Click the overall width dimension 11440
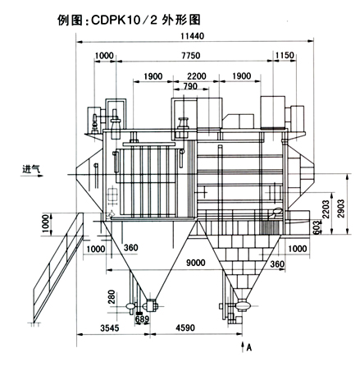(192, 36)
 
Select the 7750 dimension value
(191, 56)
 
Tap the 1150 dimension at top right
(285, 56)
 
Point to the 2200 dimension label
(197, 76)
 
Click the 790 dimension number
(189, 86)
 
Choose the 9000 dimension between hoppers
(195, 263)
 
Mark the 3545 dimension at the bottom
(110, 327)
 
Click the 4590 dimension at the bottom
(185, 327)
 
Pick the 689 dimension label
(143, 319)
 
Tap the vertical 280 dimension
(112, 297)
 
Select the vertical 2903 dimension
(341, 208)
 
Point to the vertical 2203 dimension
(326, 209)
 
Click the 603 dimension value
(316, 227)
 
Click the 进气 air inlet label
(31, 169)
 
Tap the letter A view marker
(248, 347)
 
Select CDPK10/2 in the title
(125, 20)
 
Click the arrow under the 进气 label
(32, 176)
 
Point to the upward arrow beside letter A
(242, 346)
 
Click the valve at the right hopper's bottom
(243, 305)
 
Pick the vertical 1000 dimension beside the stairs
(46, 224)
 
